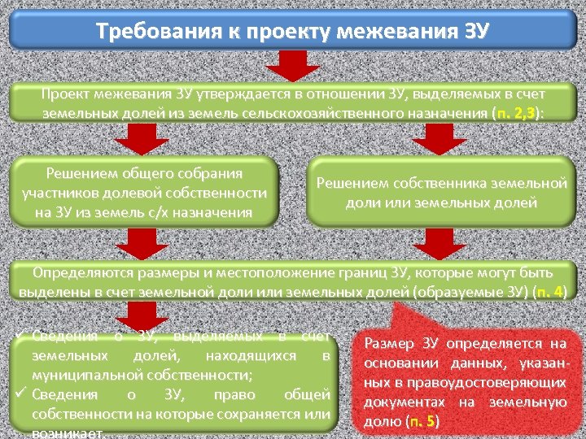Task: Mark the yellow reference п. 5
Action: pos(423,421)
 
